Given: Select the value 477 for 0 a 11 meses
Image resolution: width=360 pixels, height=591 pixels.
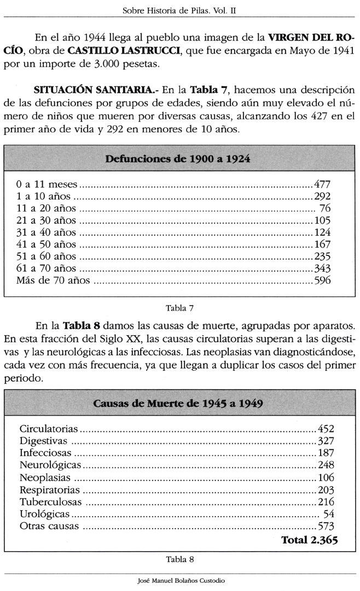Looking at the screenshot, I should (x=322, y=184).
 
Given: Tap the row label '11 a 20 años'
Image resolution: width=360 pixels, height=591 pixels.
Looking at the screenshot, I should (x=47, y=208).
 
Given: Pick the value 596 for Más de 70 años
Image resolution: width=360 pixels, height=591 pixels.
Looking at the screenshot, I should (x=322, y=280).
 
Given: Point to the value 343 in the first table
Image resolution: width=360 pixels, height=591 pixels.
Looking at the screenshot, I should (x=322, y=268).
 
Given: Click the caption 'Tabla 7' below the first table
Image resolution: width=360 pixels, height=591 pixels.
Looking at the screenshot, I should (x=180, y=308).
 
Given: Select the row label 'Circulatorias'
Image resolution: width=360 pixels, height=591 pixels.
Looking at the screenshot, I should (x=49, y=429).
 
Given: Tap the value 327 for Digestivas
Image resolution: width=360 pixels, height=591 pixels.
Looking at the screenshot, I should (x=326, y=441).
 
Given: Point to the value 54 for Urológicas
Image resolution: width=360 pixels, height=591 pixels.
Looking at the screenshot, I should (x=329, y=514).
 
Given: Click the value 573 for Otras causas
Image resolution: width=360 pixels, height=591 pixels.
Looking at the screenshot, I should (x=326, y=526).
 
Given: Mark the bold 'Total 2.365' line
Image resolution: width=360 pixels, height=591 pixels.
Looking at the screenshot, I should (x=309, y=540).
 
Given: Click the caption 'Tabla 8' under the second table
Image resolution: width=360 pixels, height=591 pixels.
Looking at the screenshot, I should (x=180, y=559).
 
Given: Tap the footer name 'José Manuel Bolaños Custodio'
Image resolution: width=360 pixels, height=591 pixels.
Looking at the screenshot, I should (x=181, y=581).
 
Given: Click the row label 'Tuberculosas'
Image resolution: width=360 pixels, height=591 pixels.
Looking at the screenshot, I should (x=51, y=502).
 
